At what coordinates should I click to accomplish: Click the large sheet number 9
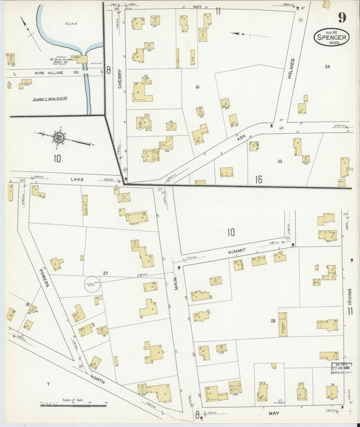[x=342, y=18]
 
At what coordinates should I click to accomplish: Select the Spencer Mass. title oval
[x=332, y=37]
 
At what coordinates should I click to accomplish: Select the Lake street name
[x=76, y=180]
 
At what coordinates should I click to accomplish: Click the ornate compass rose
[x=59, y=137]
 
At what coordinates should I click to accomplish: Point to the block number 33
[x=279, y=161]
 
